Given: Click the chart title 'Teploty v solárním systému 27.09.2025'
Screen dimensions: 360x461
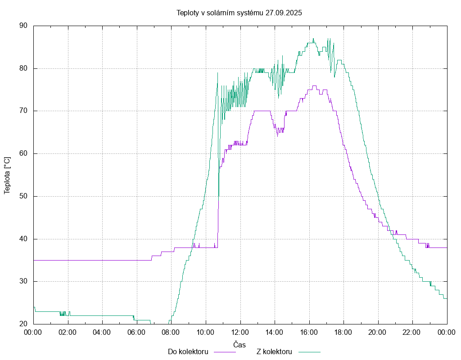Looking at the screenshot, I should click(x=239, y=13).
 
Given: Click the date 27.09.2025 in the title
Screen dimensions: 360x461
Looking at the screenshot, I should click(x=284, y=13).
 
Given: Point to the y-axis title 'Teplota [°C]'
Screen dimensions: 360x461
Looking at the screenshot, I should click(x=7, y=175).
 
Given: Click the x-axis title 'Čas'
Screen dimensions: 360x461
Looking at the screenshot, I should click(x=240, y=344).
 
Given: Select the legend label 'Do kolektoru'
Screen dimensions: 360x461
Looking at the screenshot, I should click(x=188, y=351).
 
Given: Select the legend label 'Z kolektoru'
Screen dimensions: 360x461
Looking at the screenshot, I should click(x=274, y=351).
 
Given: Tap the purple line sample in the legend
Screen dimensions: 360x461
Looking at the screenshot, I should click(x=224, y=352).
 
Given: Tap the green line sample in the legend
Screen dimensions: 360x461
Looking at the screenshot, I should click(x=308, y=352).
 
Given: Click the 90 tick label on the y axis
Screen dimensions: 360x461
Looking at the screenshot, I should click(x=23, y=26).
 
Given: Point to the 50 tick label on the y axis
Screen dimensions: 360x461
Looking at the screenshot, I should click(x=23, y=196).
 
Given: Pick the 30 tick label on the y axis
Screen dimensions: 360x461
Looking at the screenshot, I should click(x=23, y=281).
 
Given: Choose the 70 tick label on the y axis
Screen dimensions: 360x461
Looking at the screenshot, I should click(x=23, y=111).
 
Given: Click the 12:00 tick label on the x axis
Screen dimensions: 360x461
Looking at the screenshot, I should click(x=240, y=332).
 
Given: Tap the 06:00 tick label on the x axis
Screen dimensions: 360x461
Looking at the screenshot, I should click(x=136, y=332).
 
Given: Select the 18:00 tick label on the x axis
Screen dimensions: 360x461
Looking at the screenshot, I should click(x=343, y=332).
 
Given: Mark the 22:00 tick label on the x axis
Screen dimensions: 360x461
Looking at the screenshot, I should click(x=412, y=332).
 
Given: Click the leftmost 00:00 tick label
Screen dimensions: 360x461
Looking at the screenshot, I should click(x=33, y=332).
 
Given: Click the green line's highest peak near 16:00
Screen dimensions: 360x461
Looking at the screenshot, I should click(x=313, y=39).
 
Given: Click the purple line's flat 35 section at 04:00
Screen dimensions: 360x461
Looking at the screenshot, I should click(x=102, y=260).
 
